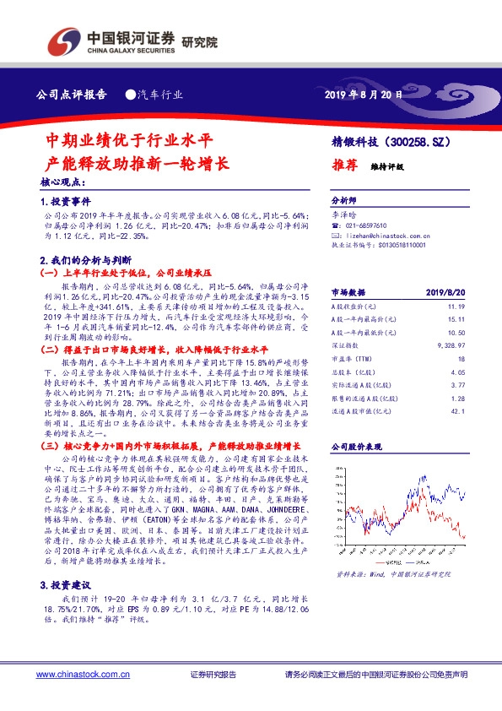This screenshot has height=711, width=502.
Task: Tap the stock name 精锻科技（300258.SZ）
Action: [x=386, y=144]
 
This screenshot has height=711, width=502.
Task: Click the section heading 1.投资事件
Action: [x=63, y=204]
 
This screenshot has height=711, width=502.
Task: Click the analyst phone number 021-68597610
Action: [x=364, y=226]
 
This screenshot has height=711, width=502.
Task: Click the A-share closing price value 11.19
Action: [x=456, y=307]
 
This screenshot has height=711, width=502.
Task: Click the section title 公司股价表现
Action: [x=356, y=444]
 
